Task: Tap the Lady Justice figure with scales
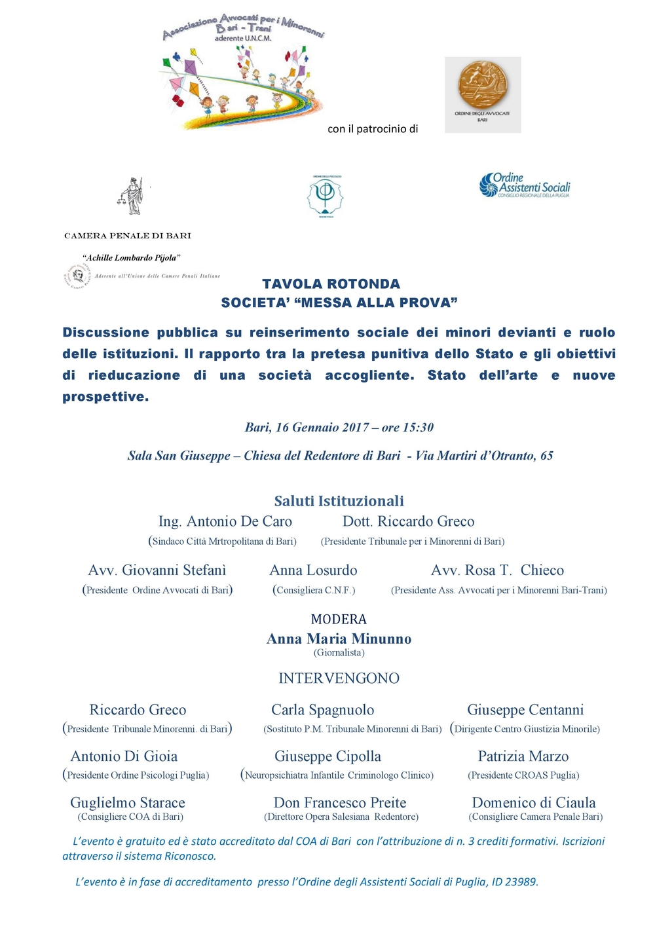pos(134,196)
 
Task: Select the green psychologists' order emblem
pos(326,194)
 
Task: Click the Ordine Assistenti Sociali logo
pos(525,185)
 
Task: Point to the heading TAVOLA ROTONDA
pos(331,284)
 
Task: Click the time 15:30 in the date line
pos(418,428)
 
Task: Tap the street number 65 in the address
pos(546,456)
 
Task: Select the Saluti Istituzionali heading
pos(339,501)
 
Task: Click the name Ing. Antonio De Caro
pos(225,521)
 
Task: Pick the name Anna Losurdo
pos(313,570)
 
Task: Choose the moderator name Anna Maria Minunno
pos(339,639)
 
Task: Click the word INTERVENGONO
pos(339,678)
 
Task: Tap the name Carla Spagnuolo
pos(322,710)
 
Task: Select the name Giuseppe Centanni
pos(525,710)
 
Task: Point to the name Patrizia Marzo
pos(523,756)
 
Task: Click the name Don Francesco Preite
pos(340,803)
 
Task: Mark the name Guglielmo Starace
pos(128,803)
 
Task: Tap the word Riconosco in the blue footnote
pos(189,856)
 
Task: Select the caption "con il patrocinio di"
pos(373,129)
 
